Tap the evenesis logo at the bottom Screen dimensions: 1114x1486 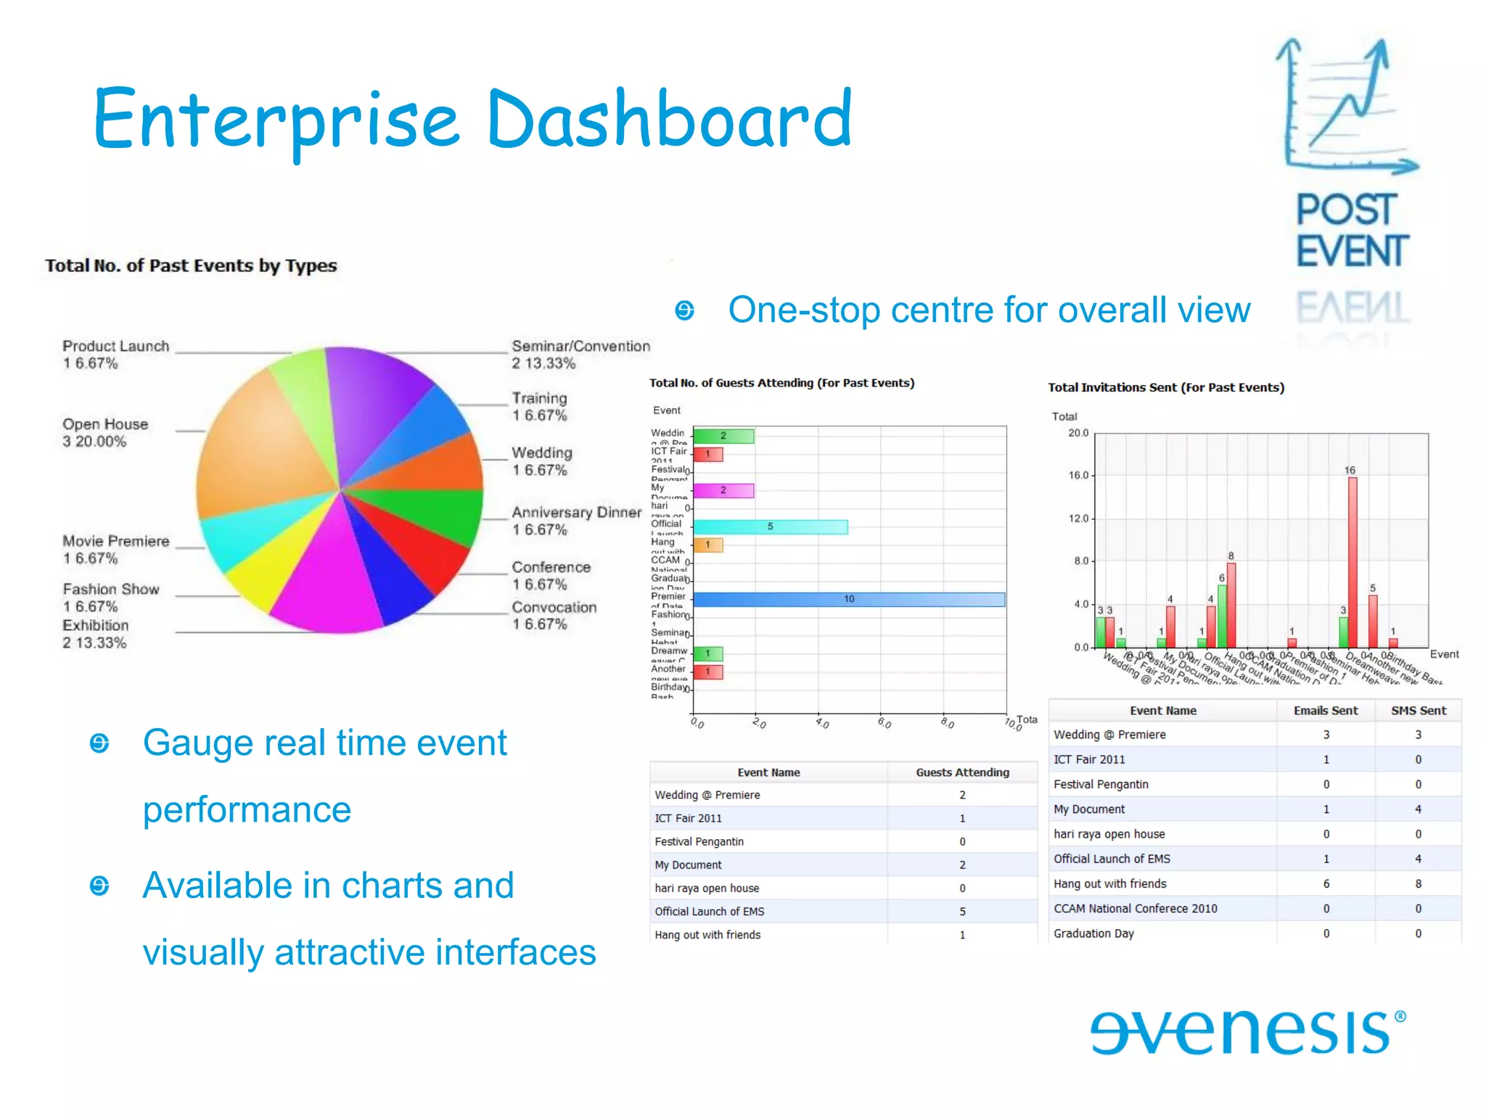1247,1031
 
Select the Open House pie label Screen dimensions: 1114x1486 105,432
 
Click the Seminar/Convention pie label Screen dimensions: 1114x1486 580,355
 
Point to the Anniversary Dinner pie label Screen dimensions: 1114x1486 576,520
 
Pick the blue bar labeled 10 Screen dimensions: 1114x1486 848,599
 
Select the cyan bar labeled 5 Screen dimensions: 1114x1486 770,527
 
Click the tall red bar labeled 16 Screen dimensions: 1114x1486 1352,562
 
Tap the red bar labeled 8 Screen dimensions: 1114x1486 1231,605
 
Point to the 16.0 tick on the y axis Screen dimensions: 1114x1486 1078,476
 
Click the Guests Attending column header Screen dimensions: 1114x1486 962,772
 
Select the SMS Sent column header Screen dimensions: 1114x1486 1418,711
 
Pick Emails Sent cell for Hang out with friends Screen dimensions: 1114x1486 1326,883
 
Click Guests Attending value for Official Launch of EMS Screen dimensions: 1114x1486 962,912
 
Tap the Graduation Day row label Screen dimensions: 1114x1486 1093,933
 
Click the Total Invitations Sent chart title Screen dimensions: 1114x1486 1165,387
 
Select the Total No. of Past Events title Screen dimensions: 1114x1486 191,265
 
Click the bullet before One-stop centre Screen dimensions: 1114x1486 684,311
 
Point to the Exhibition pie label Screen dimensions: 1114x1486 95,633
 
